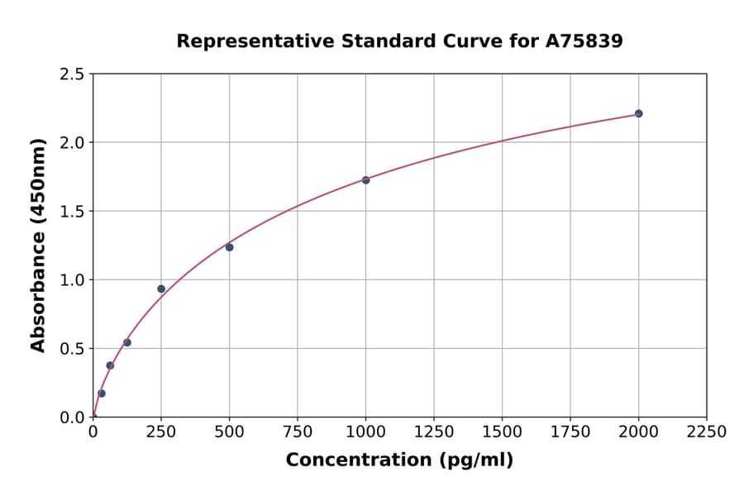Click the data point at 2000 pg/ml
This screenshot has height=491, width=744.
[x=638, y=113]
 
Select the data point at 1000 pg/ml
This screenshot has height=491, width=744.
[x=365, y=179]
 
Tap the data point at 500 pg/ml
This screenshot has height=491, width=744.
[x=229, y=247]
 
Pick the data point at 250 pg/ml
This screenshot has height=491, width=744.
[x=161, y=288]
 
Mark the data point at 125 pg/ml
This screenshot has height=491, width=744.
[x=127, y=342]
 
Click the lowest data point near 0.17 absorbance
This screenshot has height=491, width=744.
[x=102, y=393]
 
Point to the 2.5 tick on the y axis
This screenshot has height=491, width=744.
[x=73, y=74]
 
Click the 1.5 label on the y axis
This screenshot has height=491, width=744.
[x=73, y=212]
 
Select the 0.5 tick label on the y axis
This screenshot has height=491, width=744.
[x=73, y=349]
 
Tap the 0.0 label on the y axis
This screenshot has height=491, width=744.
[x=73, y=417]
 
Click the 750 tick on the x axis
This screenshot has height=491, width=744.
[x=298, y=431]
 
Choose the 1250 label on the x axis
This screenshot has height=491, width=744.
[x=434, y=431]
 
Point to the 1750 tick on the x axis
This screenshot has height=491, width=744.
[x=570, y=431]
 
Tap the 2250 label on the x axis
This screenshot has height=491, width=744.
[x=707, y=431]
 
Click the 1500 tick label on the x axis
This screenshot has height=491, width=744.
[x=502, y=431]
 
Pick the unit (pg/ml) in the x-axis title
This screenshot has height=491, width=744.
[x=475, y=460]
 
